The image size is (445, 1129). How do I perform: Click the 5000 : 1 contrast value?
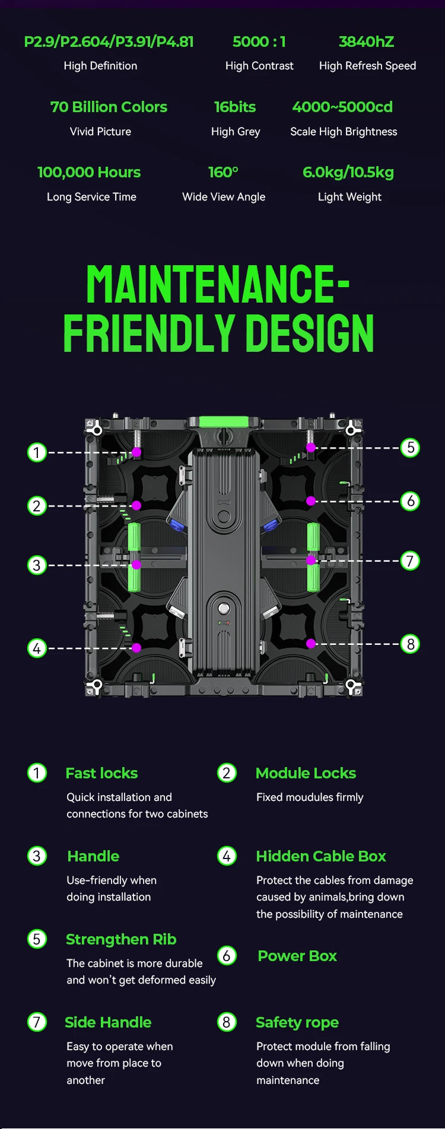(x=259, y=42)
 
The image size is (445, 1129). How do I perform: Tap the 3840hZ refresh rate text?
(x=366, y=42)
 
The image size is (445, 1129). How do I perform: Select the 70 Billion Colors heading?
(x=109, y=107)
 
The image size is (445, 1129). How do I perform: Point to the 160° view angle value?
(x=223, y=172)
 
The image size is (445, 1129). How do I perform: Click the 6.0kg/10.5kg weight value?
(x=348, y=173)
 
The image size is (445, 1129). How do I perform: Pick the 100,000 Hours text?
(x=89, y=172)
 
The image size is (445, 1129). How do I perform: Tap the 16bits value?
(x=235, y=107)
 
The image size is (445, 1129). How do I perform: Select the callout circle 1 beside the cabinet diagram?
(x=37, y=453)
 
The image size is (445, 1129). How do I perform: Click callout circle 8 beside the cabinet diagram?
(x=410, y=644)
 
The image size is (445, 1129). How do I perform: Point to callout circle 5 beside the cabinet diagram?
(x=410, y=447)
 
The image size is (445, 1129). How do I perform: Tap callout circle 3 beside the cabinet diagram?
(x=37, y=565)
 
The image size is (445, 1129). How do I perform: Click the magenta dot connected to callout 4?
(x=136, y=648)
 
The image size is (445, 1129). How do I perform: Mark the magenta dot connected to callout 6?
(x=311, y=501)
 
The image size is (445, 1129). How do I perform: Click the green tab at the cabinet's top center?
(x=223, y=422)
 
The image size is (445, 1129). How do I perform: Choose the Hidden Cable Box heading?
(x=321, y=856)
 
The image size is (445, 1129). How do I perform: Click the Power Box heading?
(x=297, y=956)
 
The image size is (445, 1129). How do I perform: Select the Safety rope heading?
(x=297, y=1023)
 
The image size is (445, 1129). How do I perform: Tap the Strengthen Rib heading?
(x=121, y=940)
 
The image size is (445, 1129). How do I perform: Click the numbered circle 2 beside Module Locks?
(x=227, y=773)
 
